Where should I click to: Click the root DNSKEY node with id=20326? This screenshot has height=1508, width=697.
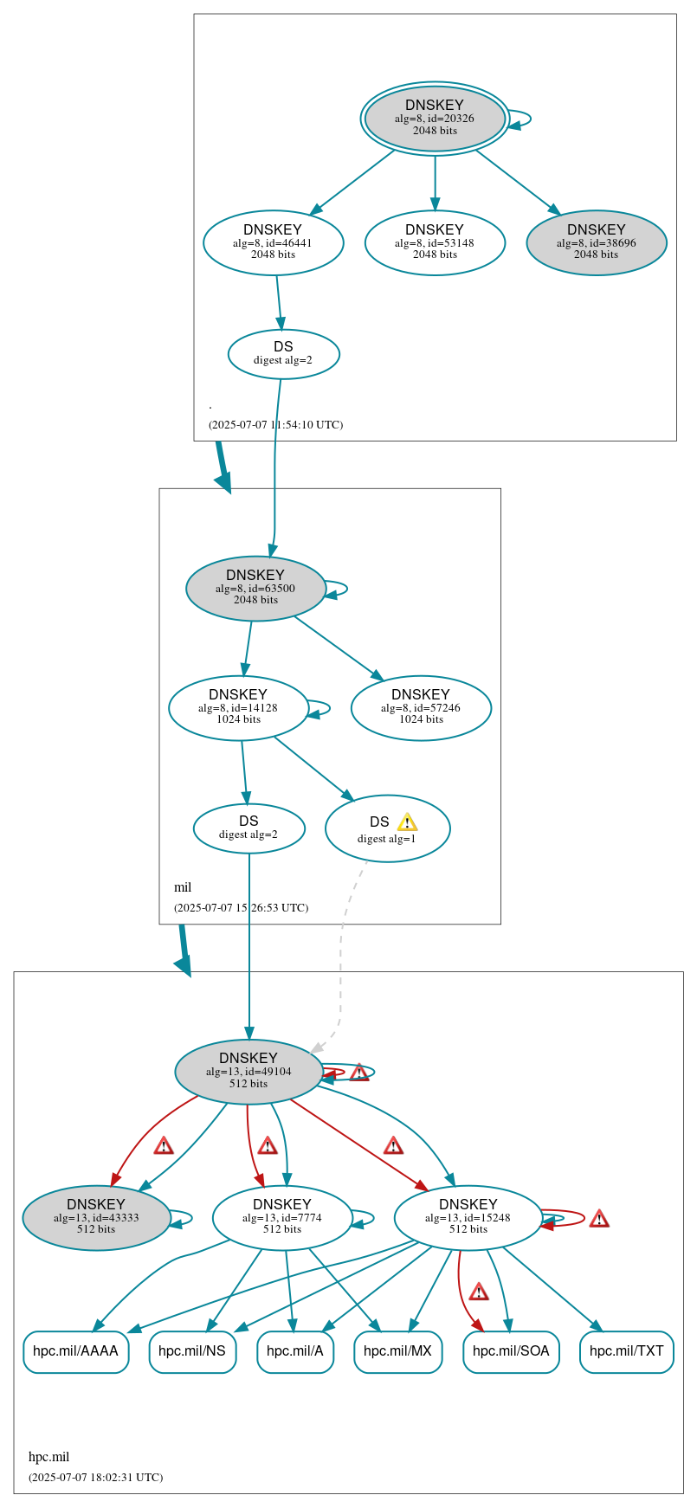pos(435,118)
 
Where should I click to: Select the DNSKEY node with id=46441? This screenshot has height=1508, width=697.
pos(273,242)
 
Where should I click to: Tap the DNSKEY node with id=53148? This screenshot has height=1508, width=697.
pos(435,242)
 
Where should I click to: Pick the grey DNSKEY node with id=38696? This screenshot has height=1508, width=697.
pos(596,242)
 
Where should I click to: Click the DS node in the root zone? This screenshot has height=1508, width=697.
pos(283,353)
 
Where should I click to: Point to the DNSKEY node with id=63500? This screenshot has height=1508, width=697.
pos(255,588)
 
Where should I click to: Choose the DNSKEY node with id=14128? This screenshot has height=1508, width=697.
pos(238,707)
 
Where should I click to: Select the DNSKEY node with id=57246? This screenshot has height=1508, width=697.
pos(421,707)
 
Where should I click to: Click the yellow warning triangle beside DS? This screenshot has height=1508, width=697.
pos(407,822)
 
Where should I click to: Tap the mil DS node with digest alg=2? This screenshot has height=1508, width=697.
pos(248,828)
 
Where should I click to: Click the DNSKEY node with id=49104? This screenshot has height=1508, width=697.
pos(248,1071)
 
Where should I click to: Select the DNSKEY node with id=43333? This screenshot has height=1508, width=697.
pos(96,1217)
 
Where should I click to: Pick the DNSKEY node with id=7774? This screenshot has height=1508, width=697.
pos(282,1217)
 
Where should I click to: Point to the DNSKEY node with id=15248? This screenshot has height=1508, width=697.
pos(468,1217)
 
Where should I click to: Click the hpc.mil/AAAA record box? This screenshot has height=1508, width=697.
pos(76,1351)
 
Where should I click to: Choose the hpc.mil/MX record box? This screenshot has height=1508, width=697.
pos(397,1351)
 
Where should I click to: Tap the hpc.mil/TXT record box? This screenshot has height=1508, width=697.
pos(626,1351)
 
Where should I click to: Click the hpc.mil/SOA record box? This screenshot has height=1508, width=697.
pos(511,1351)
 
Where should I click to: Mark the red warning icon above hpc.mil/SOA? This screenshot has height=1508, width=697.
pos(479,1292)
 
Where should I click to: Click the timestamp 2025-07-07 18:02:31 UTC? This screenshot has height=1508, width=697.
pos(95,1477)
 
